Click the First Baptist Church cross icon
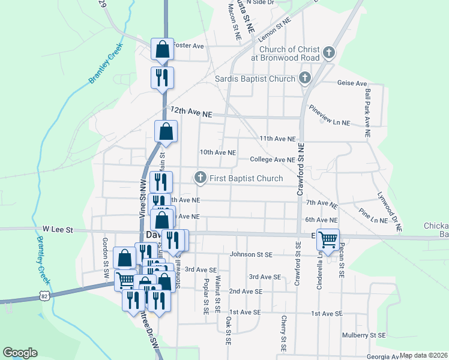[x=200, y=178]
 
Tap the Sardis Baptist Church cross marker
[x=305, y=79]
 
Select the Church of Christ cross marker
[x=328, y=53]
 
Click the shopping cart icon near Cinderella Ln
[x=328, y=239]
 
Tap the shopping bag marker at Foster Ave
[x=163, y=49]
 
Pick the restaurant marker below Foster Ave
[x=162, y=77]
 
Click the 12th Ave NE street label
[x=191, y=112]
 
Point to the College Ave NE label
[x=273, y=160]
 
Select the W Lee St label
[x=57, y=230]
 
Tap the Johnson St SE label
[x=252, y=254]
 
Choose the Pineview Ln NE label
[x=329, y=116]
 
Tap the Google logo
[x=20, y=353]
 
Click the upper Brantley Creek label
[x=106, y=64]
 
